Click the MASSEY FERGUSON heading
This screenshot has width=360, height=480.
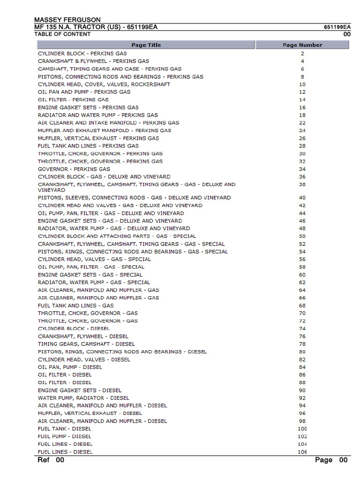(x=67, y=20)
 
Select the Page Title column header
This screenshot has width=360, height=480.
(x=146, y=45)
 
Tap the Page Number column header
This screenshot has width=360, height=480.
(x=302, y=45)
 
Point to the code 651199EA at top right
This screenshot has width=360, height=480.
(x=337, y=27)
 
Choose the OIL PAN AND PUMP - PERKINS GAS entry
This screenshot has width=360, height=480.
(x=84, y=92)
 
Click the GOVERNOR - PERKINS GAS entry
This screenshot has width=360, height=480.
(x=74, y=169)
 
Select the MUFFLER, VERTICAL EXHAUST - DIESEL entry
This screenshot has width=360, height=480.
(x=90, y=413)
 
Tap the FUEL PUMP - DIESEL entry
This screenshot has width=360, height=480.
(x=65, y=436)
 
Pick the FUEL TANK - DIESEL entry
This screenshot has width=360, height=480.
(x=65, y=429)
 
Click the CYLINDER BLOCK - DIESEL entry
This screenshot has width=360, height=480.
(x=74, y=329)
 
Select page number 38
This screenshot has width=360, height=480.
(x=302, y=185)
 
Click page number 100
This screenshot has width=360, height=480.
(x=302, y=429)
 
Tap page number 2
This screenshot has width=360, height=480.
(x=302, y=53)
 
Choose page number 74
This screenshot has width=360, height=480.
(x=302, y=329)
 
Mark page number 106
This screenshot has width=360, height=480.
(x=302, y=452)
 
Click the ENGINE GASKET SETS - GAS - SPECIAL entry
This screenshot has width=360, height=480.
(x=90, y=275)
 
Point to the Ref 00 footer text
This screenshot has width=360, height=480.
(x=51, y=460)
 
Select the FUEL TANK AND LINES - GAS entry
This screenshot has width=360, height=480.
(x=76, y=306)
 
